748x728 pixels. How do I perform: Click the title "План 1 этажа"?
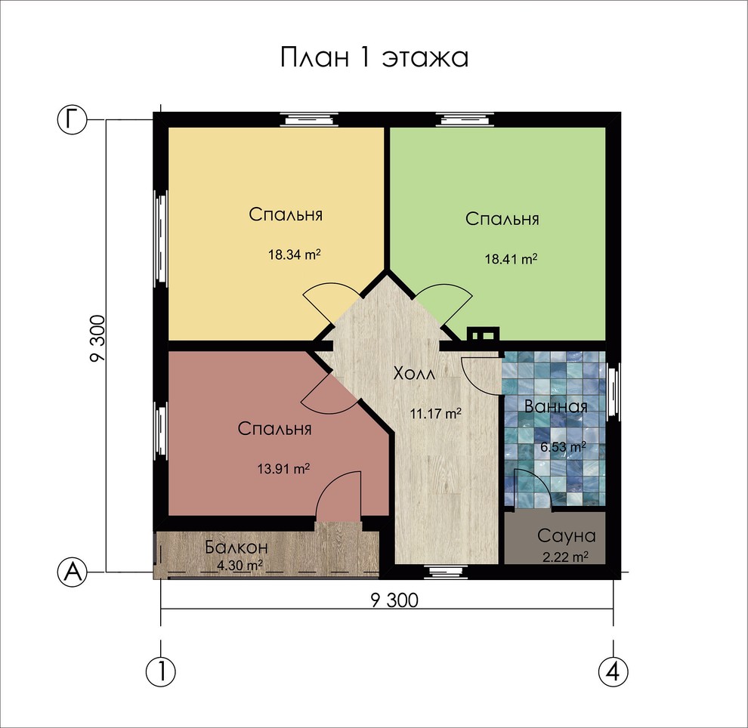tap(374, 58)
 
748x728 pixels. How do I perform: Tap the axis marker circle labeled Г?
tap(73, 119)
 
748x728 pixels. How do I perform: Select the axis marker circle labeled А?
tap(73, 572)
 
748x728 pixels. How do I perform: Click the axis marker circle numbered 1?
tap(160, 670)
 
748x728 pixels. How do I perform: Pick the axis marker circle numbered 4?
tap(613, 670)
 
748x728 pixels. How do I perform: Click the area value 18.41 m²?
tap(511, 258)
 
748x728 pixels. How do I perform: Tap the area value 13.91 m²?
tap(283, 468)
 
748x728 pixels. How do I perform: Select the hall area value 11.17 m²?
tap(436, 413)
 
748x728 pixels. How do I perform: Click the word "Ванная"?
tap(556, 406)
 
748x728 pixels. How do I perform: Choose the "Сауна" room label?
tap(567, 536)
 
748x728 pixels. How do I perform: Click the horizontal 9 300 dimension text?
tap(394, 600)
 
